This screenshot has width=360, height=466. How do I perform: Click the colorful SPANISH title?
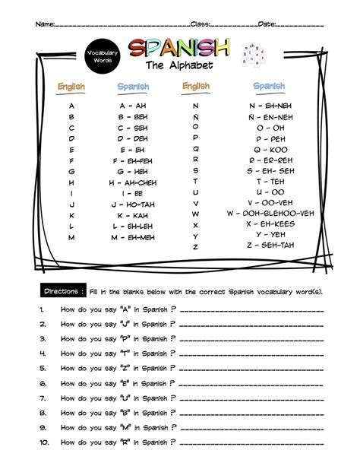(178, 49)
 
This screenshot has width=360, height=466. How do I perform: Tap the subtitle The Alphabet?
(179, 66)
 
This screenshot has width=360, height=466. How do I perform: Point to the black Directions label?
(63, 292)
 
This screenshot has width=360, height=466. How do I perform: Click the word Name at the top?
(45, 24)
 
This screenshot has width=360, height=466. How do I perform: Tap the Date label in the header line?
(267, 24)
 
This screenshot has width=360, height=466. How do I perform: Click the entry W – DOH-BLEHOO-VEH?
(270, 214)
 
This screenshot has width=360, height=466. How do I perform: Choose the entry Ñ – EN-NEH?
(268, 117)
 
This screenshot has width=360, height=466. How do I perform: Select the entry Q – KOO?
(268, 150)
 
